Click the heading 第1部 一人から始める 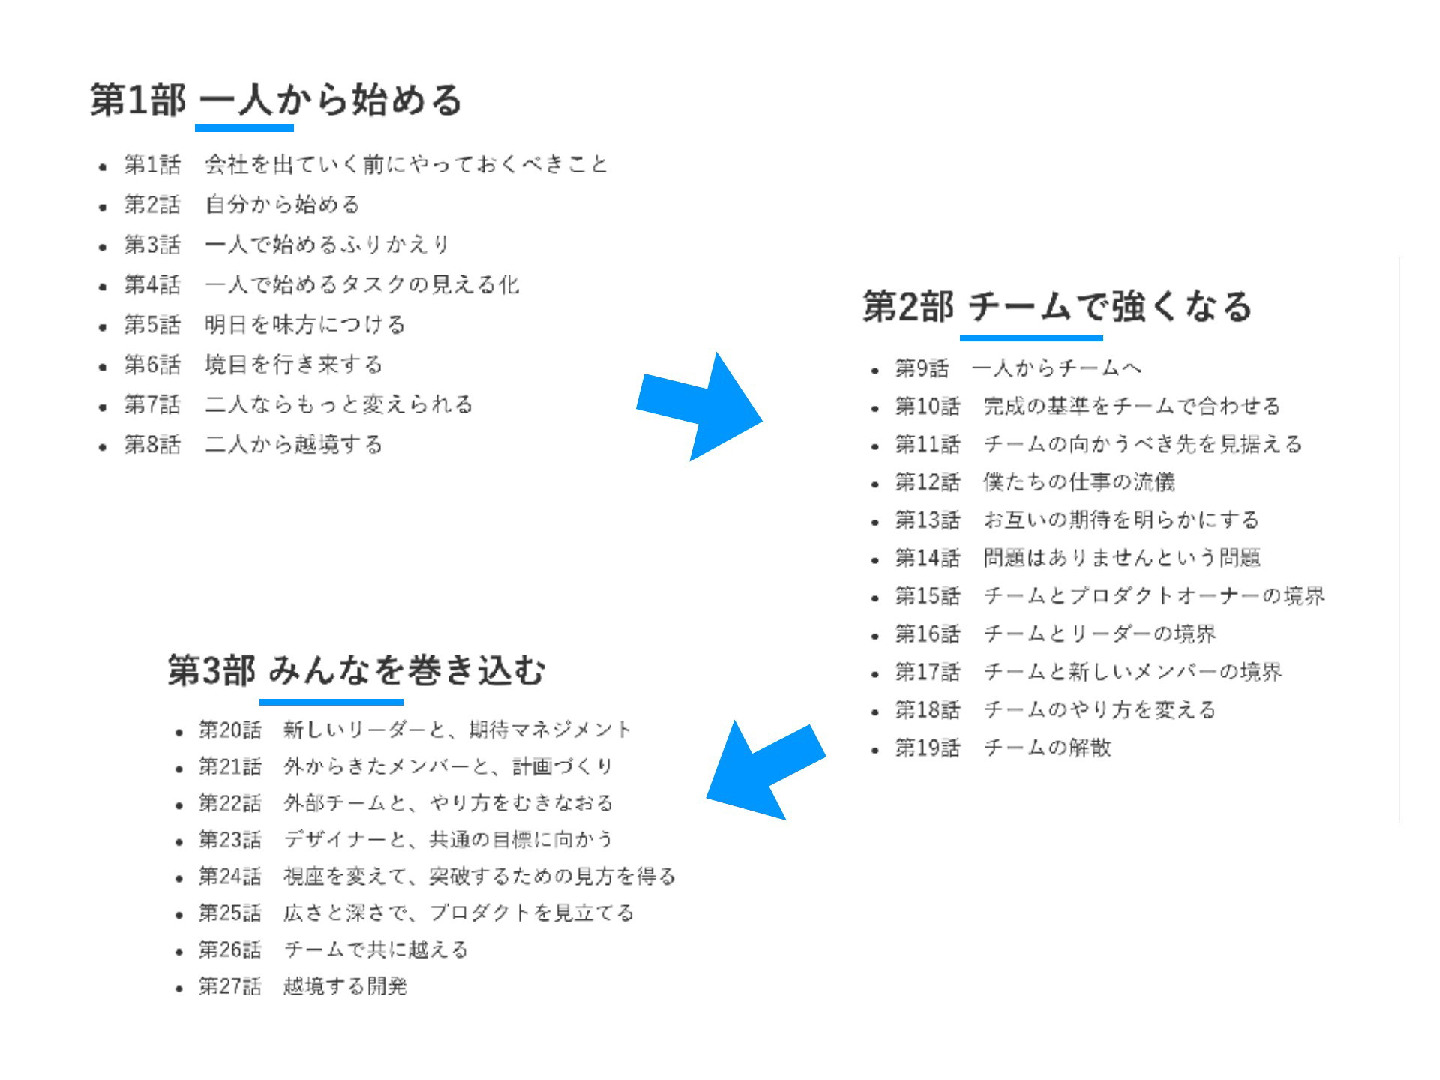tap(276, 100)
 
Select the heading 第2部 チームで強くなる tap(1057, 307)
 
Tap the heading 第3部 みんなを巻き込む tap(356, 670)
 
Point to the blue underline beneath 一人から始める tap(244, 128)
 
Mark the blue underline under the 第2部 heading tap(1031, 337)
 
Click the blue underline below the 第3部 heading tap(331, 702)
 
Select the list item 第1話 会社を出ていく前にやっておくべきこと tap(366, 164)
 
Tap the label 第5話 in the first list tap(152, 325)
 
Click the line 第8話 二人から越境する tap(253, 445)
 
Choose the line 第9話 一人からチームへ tap(1018, 368)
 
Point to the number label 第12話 tap(928, 482)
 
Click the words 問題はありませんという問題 tap(1122, 558)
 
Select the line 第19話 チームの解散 tap(1003, 748)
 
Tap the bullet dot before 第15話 tap(875, 598)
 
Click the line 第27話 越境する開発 tap(303, 986)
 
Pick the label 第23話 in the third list tap(230, 840)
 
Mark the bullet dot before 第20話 tap(178, 732)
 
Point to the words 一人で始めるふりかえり tap(327, 244)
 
